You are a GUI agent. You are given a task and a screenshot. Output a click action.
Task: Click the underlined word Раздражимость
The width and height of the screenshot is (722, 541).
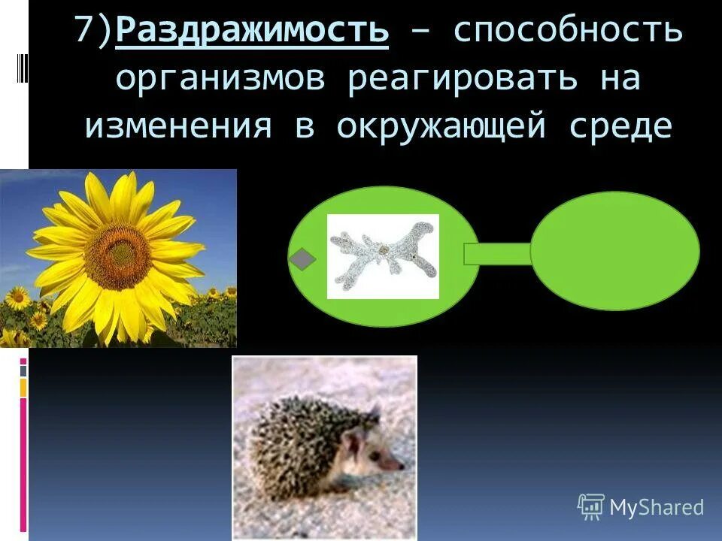click(x=253, y=32)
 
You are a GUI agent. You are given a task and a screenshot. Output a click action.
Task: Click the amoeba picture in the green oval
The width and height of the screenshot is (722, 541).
click(x=383, y=256)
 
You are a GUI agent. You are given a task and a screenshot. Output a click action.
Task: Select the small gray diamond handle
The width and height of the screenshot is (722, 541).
click(x=302, y=258)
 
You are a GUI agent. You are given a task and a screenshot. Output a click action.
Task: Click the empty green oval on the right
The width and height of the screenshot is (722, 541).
click(x=615, y=251)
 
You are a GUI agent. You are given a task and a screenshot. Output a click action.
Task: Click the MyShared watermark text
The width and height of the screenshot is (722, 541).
click(x=656, y=507)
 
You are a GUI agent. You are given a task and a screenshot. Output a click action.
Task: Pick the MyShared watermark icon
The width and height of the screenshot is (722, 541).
click(x=590, y=507)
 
